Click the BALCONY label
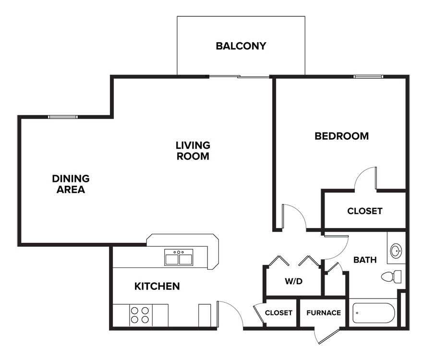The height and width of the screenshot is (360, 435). pos(241,46)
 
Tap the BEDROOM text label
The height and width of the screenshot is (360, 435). pos(341,136)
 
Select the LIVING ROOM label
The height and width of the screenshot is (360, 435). pos(193,150)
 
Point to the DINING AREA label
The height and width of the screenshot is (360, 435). pos(71,184)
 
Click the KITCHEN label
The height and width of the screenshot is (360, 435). pos(157,287)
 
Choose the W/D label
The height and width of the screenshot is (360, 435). pos(293,281)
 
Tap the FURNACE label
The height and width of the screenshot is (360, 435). pos(324,312)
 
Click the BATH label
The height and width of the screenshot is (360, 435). pos(365,260)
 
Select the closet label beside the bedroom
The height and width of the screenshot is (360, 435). pos(364,211)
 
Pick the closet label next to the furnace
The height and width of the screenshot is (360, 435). pos(278,312)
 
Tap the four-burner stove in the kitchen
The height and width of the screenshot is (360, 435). pos(139,315)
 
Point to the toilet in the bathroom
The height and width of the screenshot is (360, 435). pos(392,276)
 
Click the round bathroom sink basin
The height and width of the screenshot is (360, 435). pos(396,251)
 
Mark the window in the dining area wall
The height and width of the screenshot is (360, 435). pos(63,117)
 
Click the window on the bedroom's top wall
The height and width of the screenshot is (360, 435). pos(368,76)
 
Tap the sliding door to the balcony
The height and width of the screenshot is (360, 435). pos(239,76)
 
